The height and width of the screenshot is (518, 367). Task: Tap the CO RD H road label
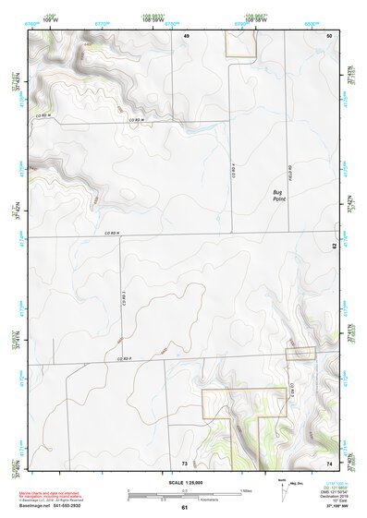[x=138, y=120]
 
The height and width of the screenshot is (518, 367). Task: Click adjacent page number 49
[x=186, y=35]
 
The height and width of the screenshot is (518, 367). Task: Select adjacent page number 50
[x=330, y=35]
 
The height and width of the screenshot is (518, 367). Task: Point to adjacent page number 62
[x=335, y=246]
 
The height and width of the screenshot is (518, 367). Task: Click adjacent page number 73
[x=184, y=462]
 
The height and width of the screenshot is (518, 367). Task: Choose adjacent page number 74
[x=329, y=462]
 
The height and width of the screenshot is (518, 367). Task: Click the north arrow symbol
[x=284, y=490]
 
